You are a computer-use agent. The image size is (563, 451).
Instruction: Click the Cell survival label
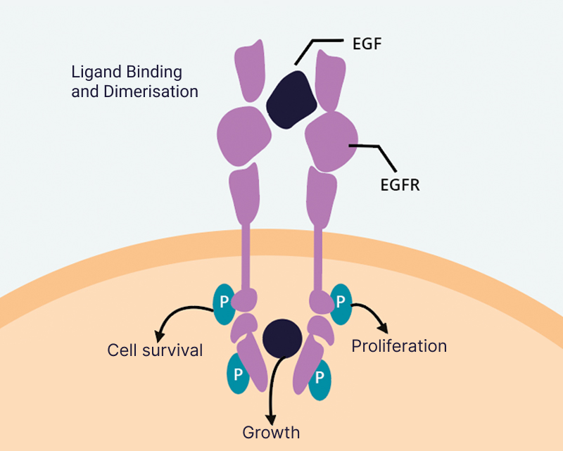pos(155,350)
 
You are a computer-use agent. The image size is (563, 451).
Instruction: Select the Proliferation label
pos(399,345)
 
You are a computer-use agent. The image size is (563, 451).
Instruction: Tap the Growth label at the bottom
pos(271,432)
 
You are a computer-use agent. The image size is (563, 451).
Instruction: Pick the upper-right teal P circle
pos(341,301)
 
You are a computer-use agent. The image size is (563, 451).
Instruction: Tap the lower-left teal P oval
pos(238,373)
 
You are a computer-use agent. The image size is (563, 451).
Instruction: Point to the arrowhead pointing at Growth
pos(271,414)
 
